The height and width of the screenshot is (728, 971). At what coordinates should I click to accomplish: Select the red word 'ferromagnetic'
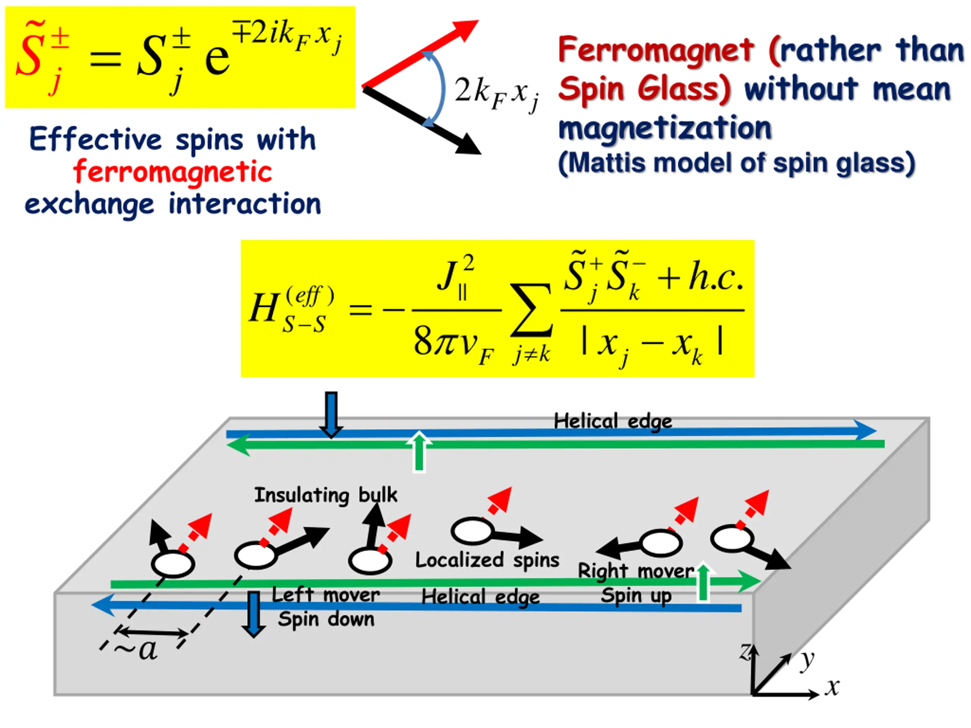(173, 172)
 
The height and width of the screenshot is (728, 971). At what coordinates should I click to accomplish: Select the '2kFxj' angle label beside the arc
(496, 92)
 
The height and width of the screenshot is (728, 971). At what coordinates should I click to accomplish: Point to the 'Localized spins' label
(487, 560)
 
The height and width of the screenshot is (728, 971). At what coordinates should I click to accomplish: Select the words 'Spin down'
(326, 619)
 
